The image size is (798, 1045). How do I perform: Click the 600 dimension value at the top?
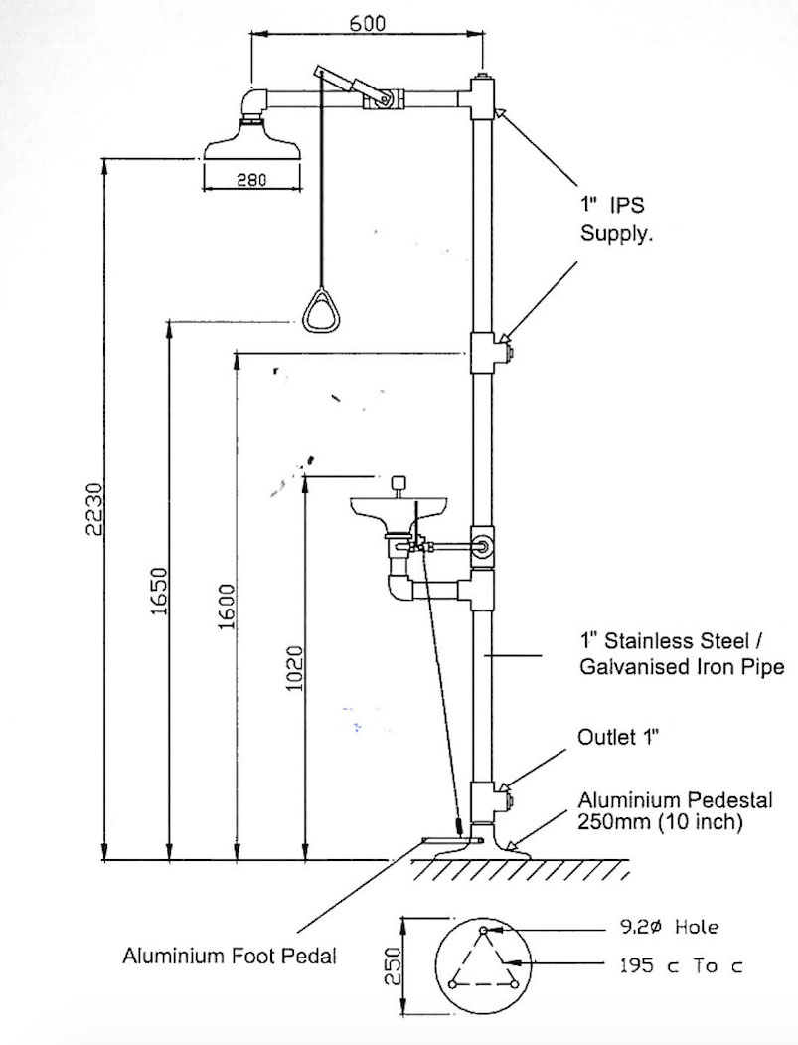[x=368, y=24]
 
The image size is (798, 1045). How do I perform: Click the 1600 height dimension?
[x=227, y=605]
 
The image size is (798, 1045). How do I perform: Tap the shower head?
[x=250, y=140]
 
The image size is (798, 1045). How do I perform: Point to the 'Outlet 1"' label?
[x=619, y=738]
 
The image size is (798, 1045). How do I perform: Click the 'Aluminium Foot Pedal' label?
[x=230, y=957]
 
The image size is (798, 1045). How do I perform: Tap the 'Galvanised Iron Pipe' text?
[x=682, y=667]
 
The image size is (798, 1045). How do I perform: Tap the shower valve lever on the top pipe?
[x=350, y=86]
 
